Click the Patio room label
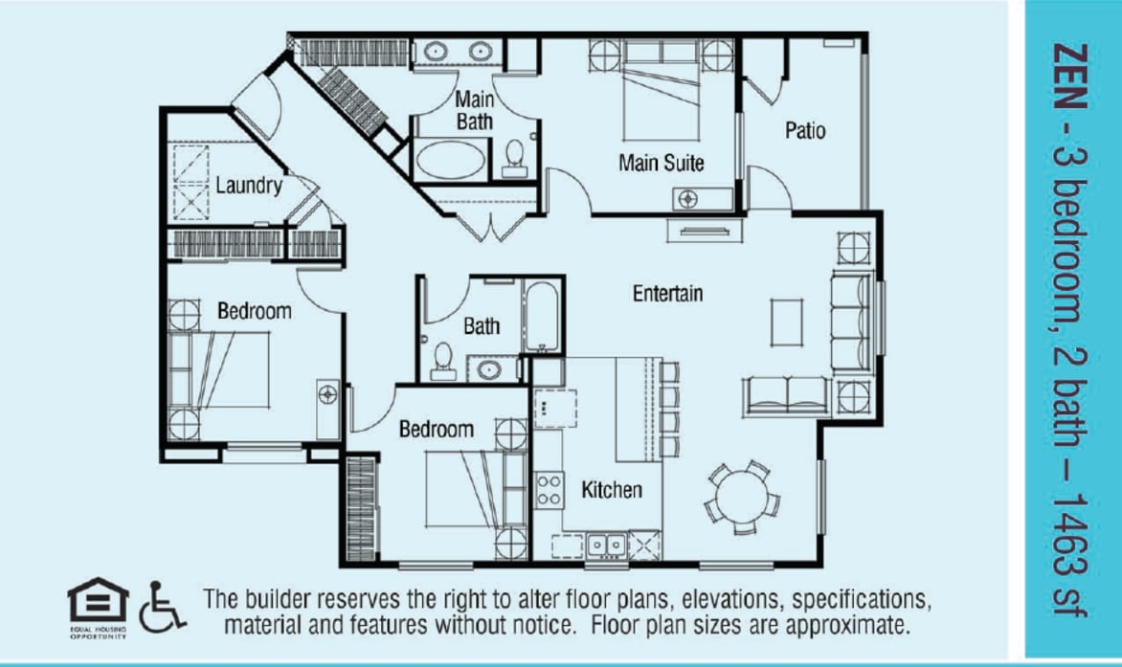click(805, 130)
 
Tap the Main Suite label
click(661, 164)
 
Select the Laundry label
click(248, 186)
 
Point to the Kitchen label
click(612, 491)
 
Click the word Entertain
click(667, 294)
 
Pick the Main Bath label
click(474, 109)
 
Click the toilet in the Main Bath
click(515, 157)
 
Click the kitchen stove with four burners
click(549, 489)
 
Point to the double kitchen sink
click(606, 545)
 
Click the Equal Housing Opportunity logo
click(97, 607)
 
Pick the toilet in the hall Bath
click(443, 359)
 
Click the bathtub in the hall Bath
click(538, 315)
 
